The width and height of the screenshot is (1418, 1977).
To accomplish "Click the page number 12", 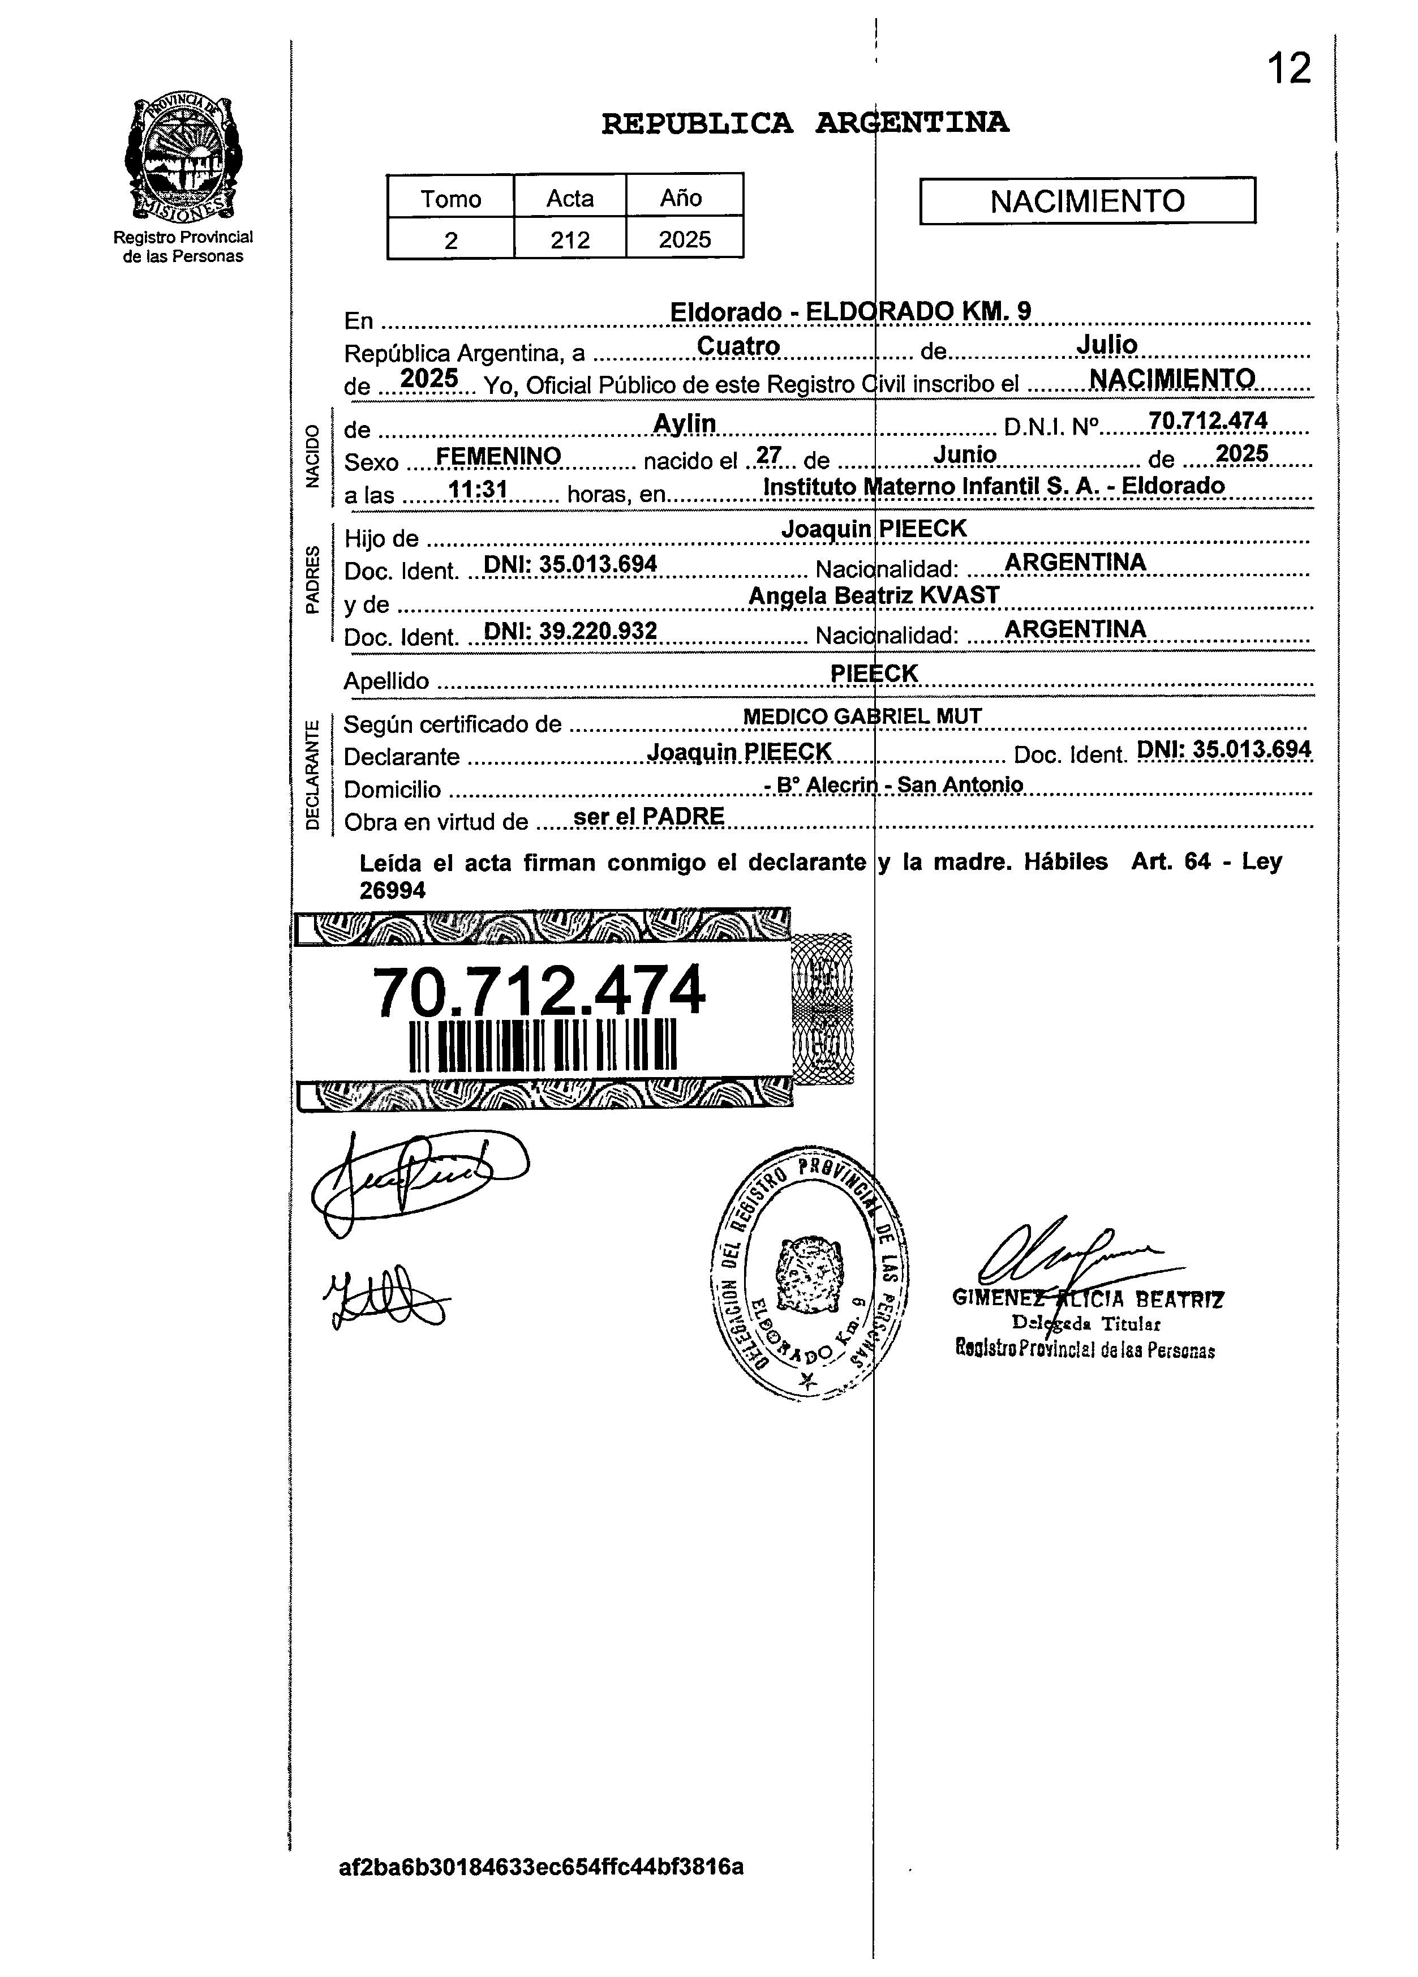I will (1288, 69).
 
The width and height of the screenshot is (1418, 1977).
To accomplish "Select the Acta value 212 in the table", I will (570, 240).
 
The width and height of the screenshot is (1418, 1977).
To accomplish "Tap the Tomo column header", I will (450, 199).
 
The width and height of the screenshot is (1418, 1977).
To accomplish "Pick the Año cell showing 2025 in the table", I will (684, 240).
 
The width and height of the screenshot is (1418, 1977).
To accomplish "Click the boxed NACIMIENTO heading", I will (1087, 201).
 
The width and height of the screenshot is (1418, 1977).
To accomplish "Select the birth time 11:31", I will (478, 490).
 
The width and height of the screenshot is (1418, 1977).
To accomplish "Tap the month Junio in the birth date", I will (964, 454).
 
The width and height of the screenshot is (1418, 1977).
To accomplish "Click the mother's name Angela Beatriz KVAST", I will (873, 595).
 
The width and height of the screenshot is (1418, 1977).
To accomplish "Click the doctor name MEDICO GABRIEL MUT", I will (862, 717).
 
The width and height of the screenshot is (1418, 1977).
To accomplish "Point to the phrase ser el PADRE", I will (648, 816).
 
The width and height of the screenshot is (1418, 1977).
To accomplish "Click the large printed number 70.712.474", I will (539, 991).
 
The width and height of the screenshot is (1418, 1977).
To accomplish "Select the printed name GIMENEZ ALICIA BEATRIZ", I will (1088, 1300).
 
